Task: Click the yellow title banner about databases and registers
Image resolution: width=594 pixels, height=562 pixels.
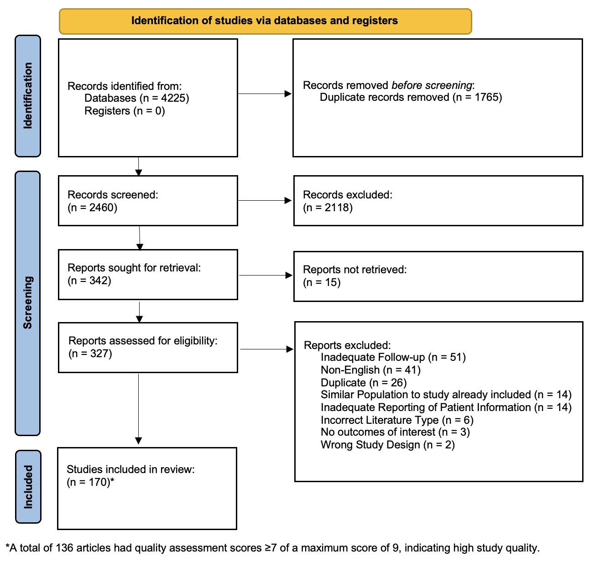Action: tap(265, 21)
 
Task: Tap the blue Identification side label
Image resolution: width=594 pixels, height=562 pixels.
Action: tap(28, 96)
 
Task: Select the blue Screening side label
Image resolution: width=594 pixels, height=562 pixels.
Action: tap(27, 303)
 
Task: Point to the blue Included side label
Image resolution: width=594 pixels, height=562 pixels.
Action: tap(28, 486)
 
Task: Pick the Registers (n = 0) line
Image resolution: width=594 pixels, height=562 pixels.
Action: tap(125, 111)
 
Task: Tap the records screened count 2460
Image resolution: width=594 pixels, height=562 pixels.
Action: tap(102, 208)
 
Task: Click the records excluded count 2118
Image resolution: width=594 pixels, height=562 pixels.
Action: tap(337, 208)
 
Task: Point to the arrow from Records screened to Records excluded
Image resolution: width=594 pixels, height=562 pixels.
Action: tap(265, 200)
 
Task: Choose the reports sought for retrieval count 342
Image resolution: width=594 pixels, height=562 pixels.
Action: tap(99, 281)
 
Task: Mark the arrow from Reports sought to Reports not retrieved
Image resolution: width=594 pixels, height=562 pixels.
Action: tap(266, 275)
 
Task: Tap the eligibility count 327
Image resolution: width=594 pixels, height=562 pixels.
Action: tap(99, 354)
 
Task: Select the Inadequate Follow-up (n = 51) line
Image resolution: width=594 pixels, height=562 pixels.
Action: tap(393, 358)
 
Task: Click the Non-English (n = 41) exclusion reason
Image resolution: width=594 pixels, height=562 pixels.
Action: tap(370, 370)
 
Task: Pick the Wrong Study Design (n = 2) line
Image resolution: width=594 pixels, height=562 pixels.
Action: tap(388, 445)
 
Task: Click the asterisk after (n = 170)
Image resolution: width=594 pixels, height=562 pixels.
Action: tap(112, 480)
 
